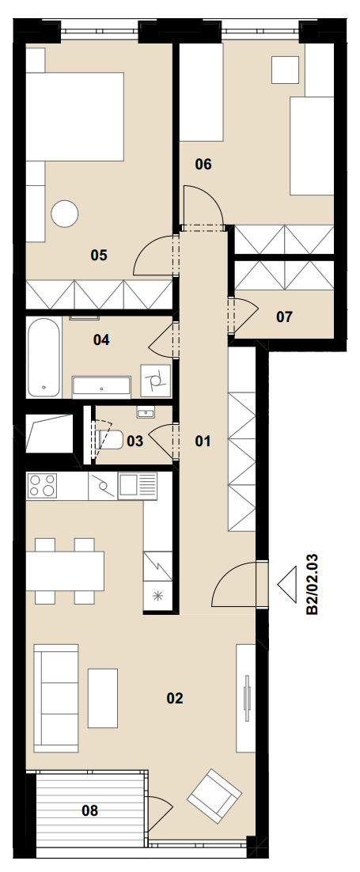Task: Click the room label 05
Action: click(x=98, y=256)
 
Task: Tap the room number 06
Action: click(x=203, y=164)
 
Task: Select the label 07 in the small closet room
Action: click(x=284, y=317)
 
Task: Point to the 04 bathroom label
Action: click(x=101, y=339)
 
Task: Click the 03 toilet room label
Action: click(x=135, y=441)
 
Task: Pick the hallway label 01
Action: click(x=203, y=442)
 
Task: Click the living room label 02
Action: click(x=175, y=698)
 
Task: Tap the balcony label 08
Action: click(x=89, y=810)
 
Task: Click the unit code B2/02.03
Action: click(x=313, y=584)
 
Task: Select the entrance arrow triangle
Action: click(x=289, y=583)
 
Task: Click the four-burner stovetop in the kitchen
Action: click(x=42, y=485)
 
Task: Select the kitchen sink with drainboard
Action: click(x=137, y=486)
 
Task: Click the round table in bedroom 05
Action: click(x=65, y=214)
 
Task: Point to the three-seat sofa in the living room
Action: click(x=55, y=697)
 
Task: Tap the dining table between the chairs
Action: click(x=65, y=571)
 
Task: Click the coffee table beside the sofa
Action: click(x=103, y=698)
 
